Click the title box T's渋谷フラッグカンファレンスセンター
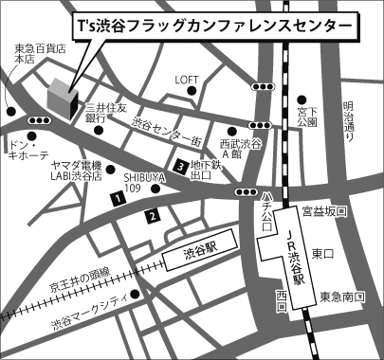pos(217,26)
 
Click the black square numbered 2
pos(151,217)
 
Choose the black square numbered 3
pos(180,168)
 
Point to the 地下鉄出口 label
pos(207,170)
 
